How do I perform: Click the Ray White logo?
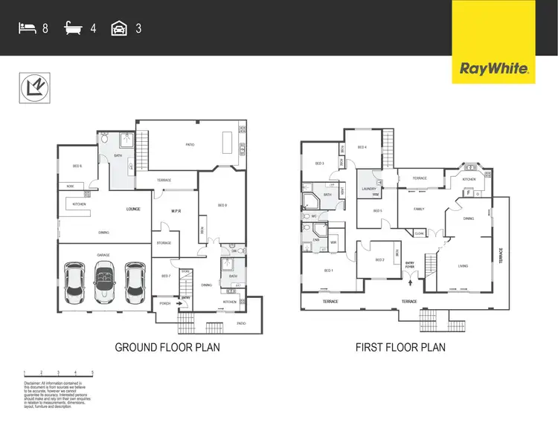coord(494,70)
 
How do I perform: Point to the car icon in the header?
coord(118,29)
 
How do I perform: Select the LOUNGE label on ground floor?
coord(134,210)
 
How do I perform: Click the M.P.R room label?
coord(177,210)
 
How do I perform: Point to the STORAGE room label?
coord(164,243)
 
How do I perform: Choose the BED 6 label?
coord(77,166)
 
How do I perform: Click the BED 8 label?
coord(222,205)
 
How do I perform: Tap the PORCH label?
coord(165,303)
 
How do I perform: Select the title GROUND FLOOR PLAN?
coord(167,347)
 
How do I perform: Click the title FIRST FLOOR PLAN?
coord(400,347)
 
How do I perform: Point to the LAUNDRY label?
coord(369,189)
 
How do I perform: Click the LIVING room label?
coord(462,265)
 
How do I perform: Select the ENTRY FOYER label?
coord(409,265)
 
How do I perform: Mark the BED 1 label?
coord(327,270)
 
